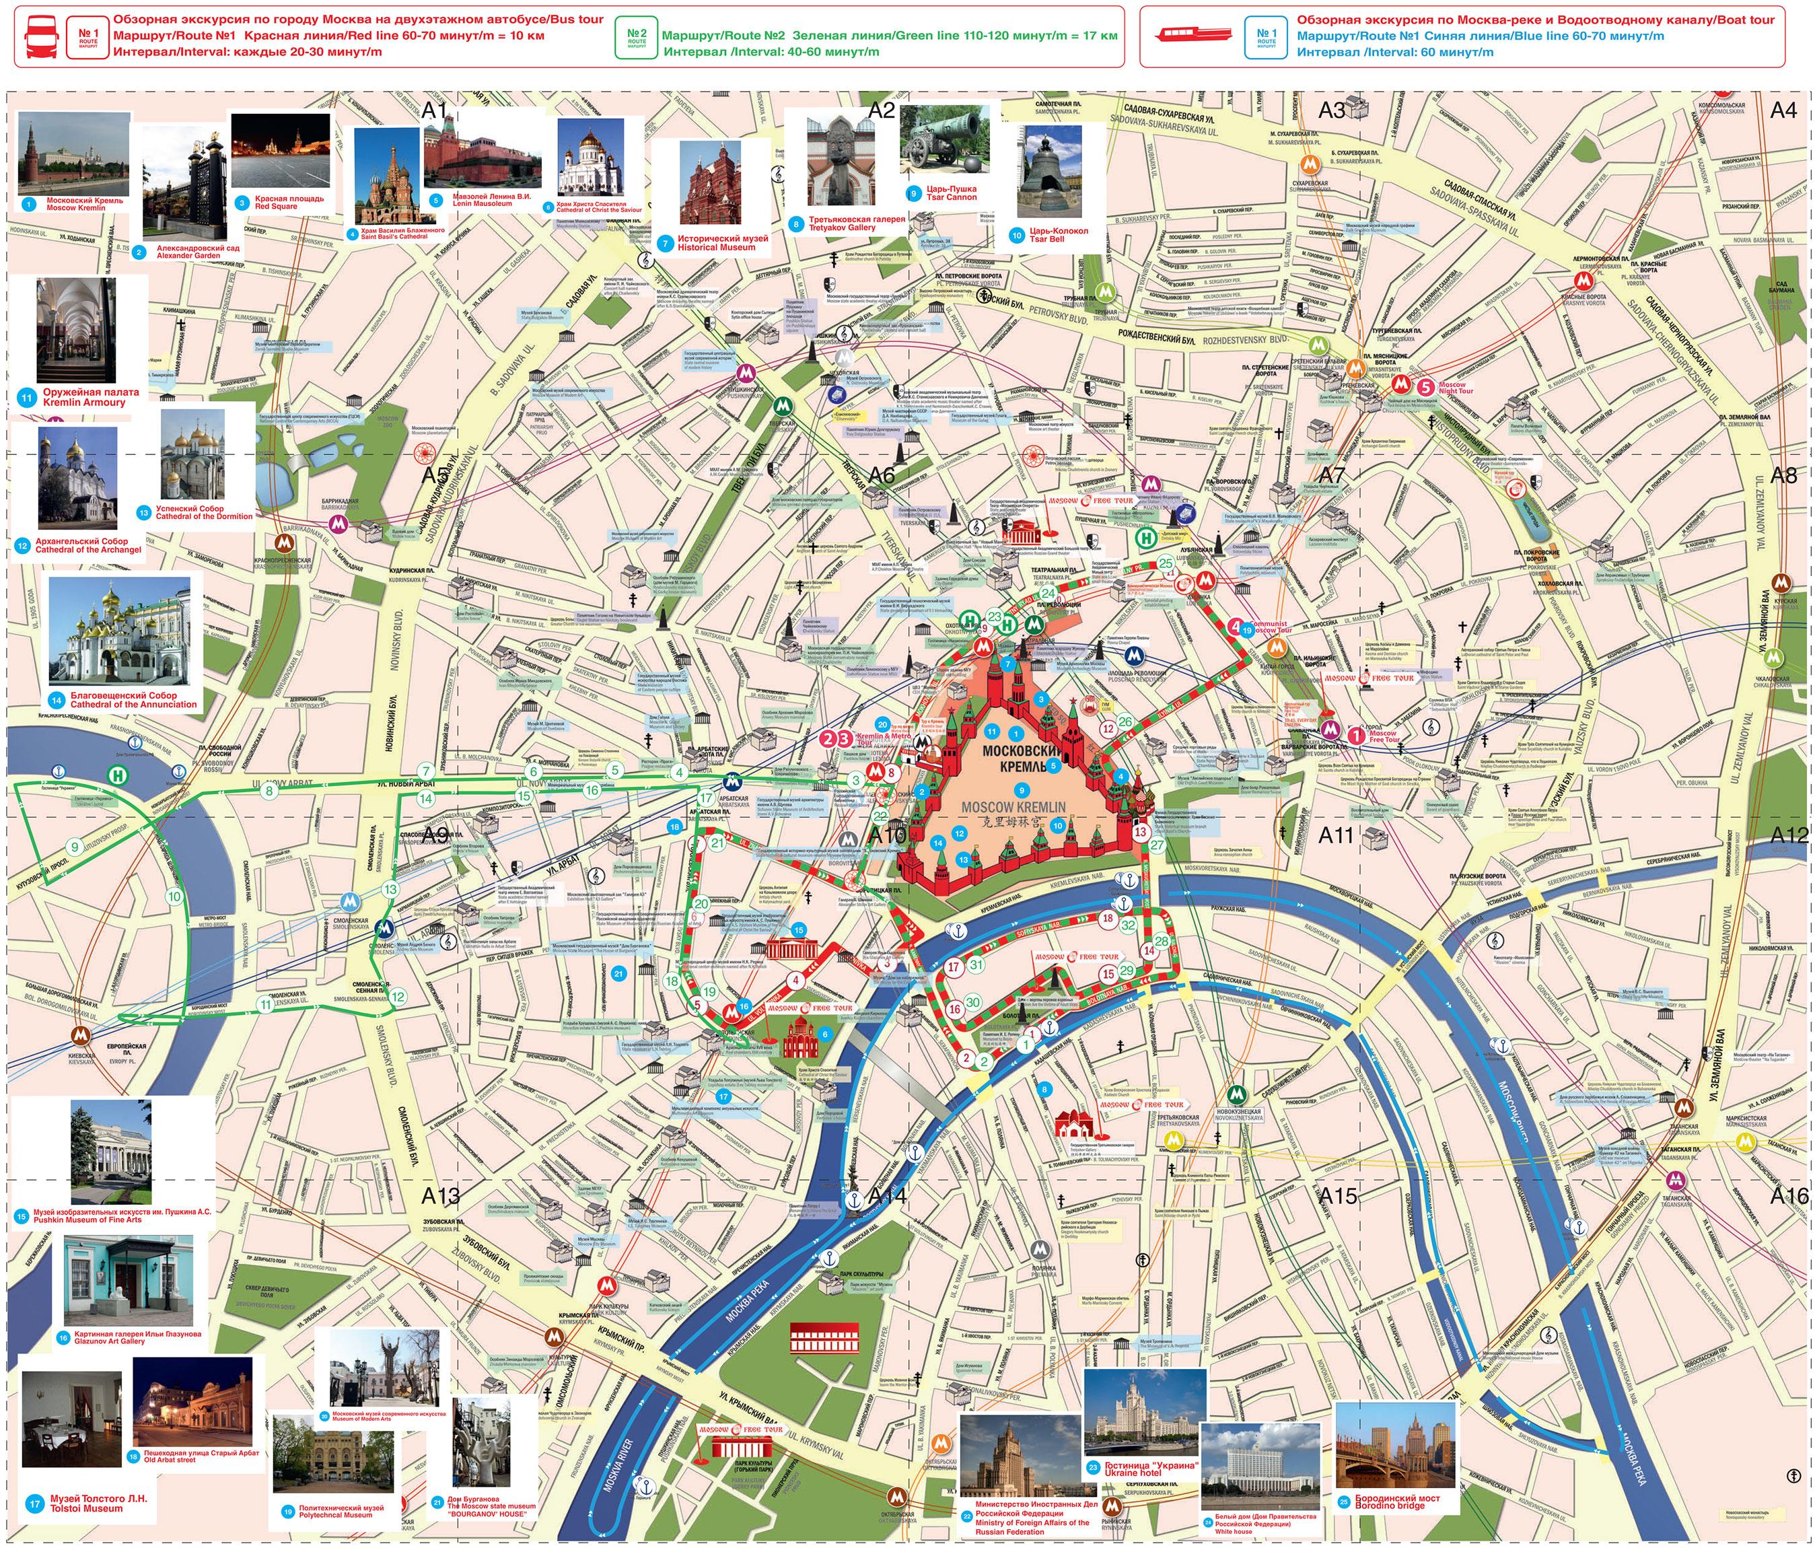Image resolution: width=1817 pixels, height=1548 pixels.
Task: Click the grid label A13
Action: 440,1195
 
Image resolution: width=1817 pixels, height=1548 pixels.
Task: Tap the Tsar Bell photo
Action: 1048,171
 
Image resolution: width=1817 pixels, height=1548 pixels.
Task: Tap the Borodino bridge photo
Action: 1394,1444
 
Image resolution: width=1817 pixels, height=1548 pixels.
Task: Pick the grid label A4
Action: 1783,110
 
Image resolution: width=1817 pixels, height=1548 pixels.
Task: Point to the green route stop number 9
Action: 75,847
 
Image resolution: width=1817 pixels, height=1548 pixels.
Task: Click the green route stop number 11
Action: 266,1004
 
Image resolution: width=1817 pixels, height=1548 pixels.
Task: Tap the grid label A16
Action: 1788,1195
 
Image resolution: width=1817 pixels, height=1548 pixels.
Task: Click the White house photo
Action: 1260,1461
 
